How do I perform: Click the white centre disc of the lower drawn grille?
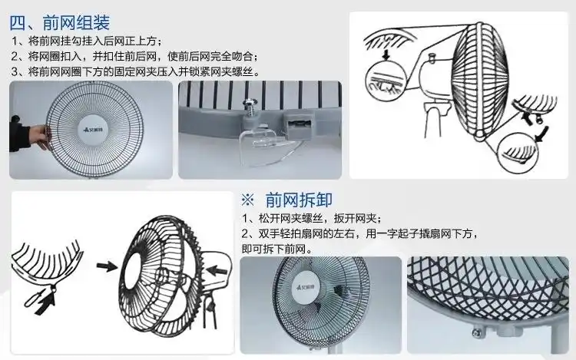point(147,273)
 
